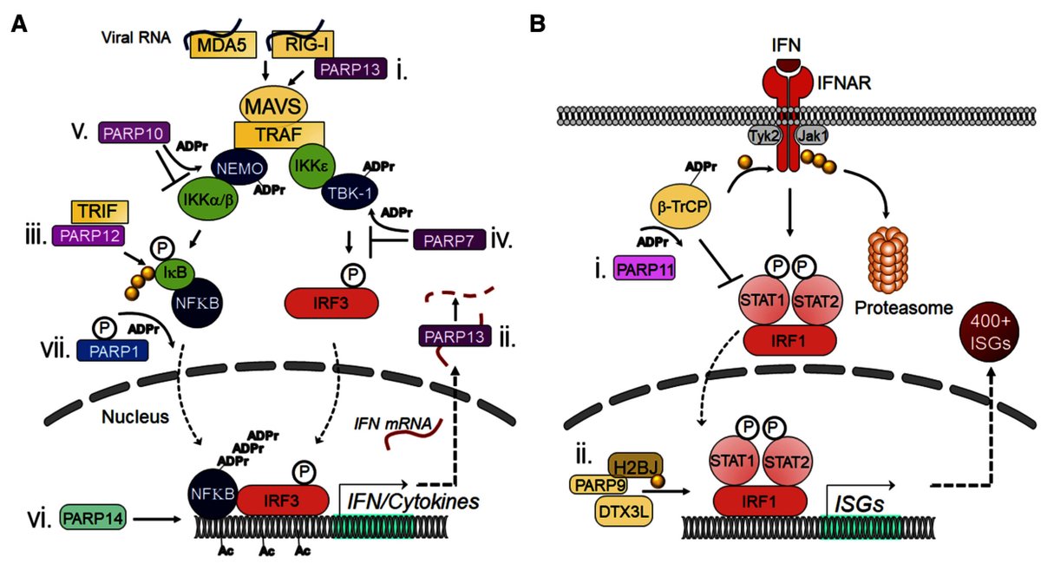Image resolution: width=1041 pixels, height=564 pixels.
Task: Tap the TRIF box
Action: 100,211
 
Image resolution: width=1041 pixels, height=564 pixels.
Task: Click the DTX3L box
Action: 624,510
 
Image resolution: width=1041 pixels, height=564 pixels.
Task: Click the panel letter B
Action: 538,24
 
